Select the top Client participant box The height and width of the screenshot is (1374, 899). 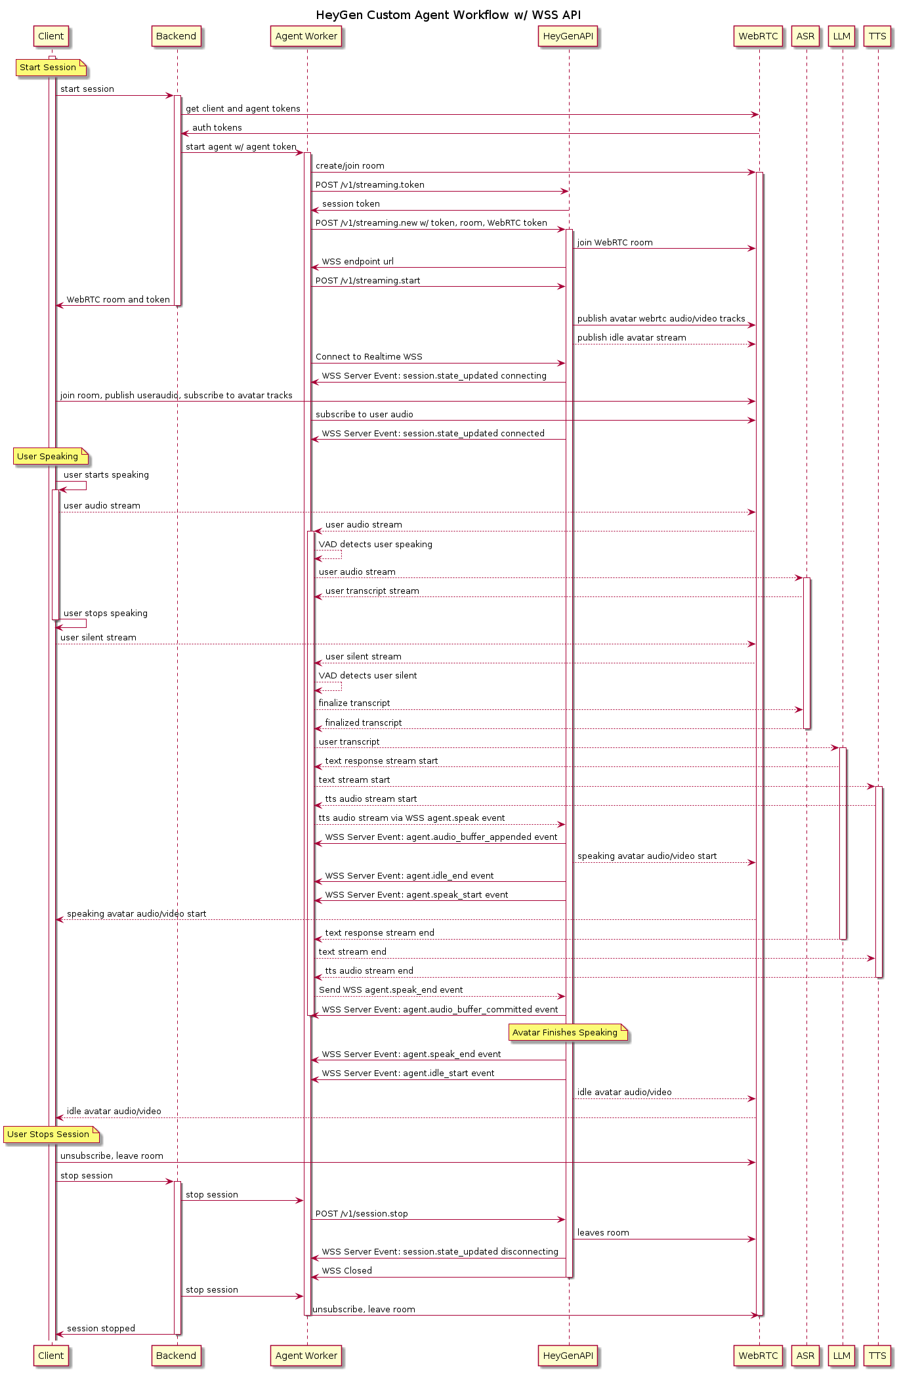pos(51,36)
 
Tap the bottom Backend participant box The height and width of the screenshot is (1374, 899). pos(176,1355)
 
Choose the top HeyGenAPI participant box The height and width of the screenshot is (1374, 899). pos(568,36)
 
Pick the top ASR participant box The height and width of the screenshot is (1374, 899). pos(805,36)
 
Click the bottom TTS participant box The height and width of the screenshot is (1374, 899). pos(877,1355)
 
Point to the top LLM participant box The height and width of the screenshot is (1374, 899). pos(841,36)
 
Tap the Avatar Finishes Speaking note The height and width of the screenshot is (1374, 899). pos(568,1032)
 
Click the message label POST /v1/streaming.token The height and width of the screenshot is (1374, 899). pos(370,184)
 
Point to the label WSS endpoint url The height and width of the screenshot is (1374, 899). pos(358,261)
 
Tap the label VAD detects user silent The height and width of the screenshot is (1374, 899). pos(367,675)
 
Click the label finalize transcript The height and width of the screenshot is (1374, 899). pos(354,703)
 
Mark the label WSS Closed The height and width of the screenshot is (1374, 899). pos(346,1270)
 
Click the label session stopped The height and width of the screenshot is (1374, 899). pos(101,1328)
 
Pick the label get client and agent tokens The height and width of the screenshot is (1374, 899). pos(243,108)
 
